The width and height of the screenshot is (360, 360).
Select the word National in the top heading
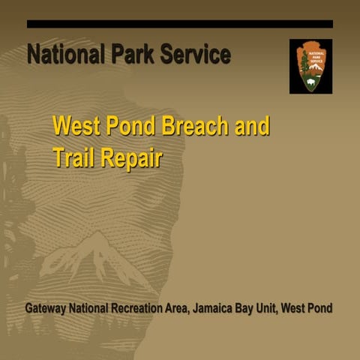tap(64, 55)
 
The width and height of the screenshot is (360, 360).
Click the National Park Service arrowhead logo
tap(310, 66)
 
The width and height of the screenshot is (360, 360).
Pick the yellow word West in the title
tap(76, 125)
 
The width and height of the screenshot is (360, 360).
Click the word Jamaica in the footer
tap(223, 308)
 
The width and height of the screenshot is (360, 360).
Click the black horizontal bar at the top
tap(180, 24)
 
